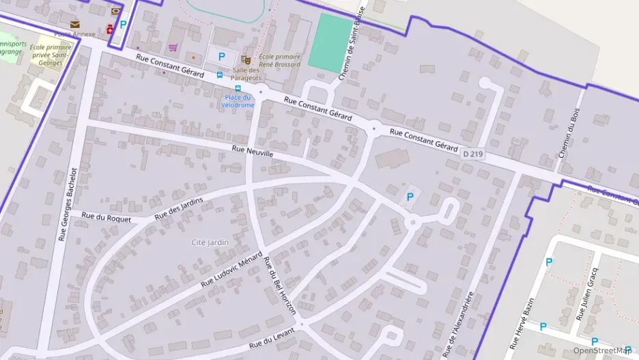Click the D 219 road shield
[x=472, y=154]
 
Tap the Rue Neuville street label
[x=253, y=152]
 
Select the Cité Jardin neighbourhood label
[x=210, y=243]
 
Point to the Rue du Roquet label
[x=98, y=216]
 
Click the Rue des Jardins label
[x=180, y=206]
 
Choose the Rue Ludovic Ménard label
[x=232, y=268]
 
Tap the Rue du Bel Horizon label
[x=280, y=286]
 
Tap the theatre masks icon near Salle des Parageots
[x=246, y=60]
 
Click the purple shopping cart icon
[x=173, y=47]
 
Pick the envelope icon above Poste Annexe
[x=74, y=25]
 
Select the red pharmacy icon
[x=110, y=29]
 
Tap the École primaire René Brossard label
[x=279, y=61]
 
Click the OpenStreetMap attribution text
[x=601, y=350]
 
